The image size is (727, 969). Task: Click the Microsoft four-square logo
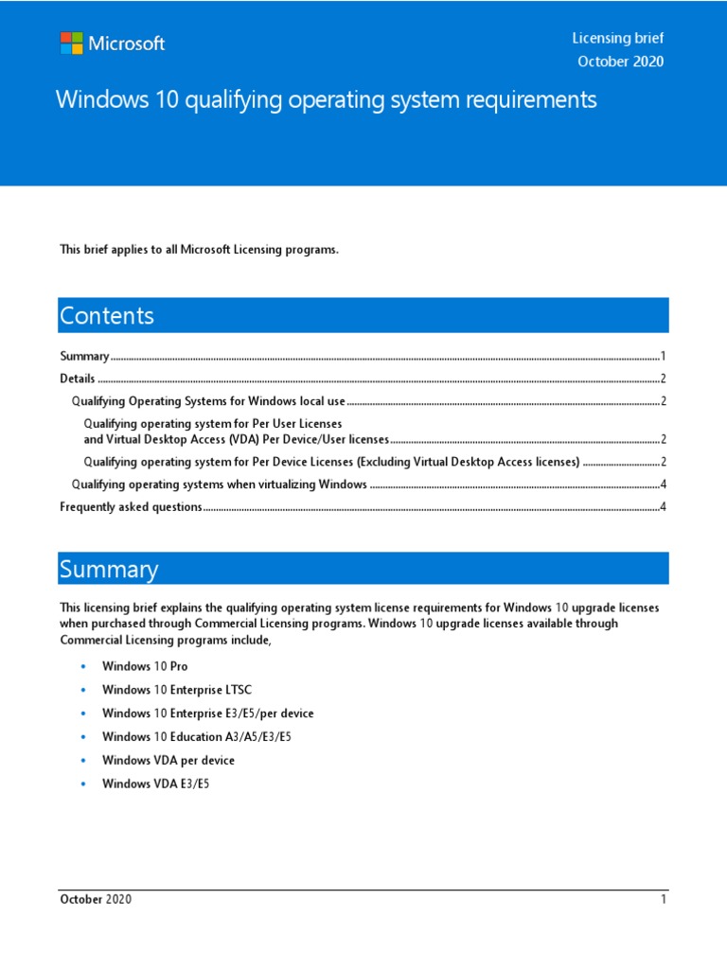click(71, 44)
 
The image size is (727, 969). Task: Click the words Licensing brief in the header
click(617, 38)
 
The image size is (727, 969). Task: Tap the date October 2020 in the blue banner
click(620, 62)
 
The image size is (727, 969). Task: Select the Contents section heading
click(107, 316)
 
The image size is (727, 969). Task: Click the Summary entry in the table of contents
click(84, 357)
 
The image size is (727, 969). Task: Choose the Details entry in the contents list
click(77, 379)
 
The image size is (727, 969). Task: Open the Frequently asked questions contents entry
click(131, 507)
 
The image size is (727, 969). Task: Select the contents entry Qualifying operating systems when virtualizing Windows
click(220, 484)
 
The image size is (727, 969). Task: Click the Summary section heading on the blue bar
click(109, 569)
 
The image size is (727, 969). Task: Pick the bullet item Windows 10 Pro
click(145, 666)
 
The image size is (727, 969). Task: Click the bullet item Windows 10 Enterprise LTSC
click(177, 690)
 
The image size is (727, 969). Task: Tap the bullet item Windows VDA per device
click(168, 760)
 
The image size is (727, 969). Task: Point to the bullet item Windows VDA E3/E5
click(155, 784)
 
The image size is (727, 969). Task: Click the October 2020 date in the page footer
click(96, 899)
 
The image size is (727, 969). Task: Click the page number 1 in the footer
click(665, 899)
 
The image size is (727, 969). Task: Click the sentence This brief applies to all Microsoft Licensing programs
click(199, 250)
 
